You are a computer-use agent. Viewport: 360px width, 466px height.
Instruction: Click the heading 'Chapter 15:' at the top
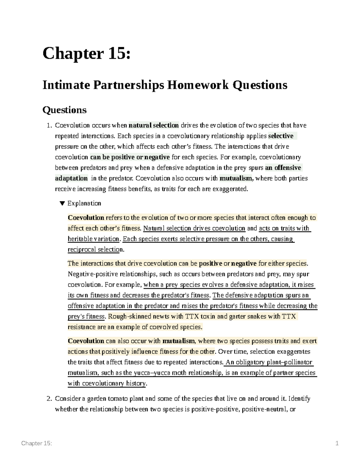[x=86, y=54]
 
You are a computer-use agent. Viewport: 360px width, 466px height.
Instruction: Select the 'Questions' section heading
[x=64, y=110]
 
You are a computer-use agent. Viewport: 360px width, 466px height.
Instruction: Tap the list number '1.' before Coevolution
[x=49, y=125]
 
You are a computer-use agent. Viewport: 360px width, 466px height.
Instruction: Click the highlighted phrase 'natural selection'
[x=154, y=125]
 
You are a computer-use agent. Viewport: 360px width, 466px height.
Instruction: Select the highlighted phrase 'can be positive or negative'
[x=130, y=157]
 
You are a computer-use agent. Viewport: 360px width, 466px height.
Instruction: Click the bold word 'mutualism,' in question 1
[x=237, y=178]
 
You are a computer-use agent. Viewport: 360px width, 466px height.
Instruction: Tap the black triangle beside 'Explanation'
[x=62, y=203]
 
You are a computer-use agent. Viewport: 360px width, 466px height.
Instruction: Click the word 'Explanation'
[x=84, y=203]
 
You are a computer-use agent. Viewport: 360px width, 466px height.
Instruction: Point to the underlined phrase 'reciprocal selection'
[x=95, y=249]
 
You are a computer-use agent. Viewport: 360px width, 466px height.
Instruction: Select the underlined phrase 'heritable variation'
[x=94, y=239]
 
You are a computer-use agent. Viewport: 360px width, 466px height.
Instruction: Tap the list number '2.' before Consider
[x=49, y=398]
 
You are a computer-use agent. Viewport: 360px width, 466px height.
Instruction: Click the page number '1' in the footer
[x=337, y=443]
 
